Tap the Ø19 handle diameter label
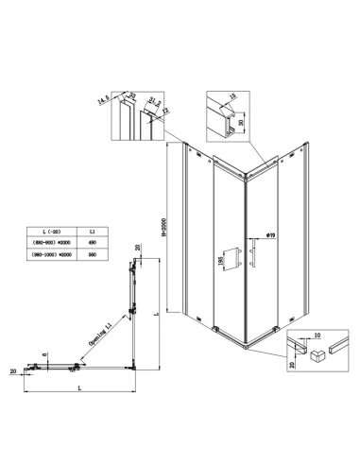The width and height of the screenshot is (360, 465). point(270,234)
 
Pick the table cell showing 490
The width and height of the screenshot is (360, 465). point(91,243)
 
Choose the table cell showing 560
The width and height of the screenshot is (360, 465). point(91,255)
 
